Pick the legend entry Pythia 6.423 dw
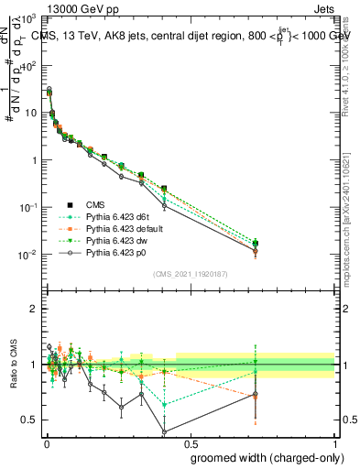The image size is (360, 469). pos(115,240)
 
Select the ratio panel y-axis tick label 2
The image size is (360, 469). pos(34,309)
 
